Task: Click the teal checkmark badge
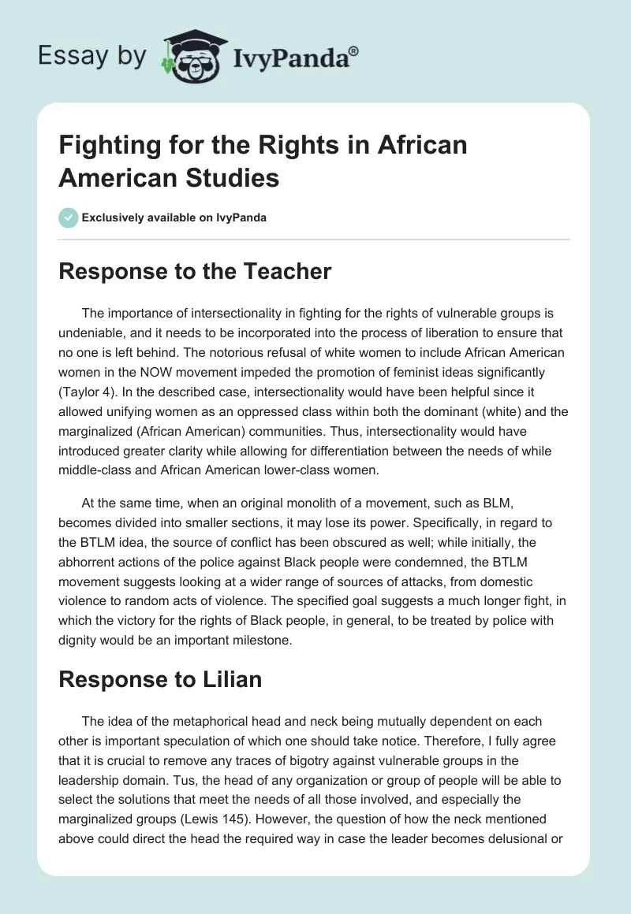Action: [68, 217]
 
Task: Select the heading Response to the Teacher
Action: [195, 272]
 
